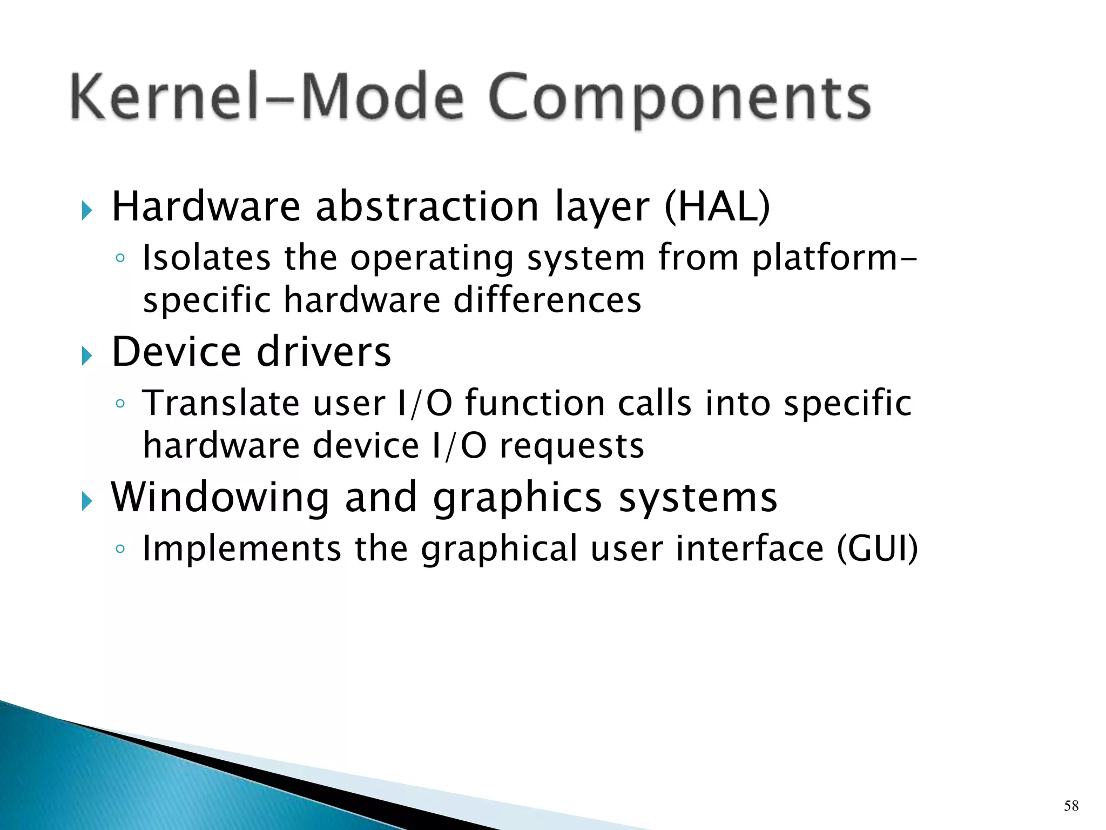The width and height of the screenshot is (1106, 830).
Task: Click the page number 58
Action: tap(1071, 806)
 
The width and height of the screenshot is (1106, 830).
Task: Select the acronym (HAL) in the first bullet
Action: tap(717, 207)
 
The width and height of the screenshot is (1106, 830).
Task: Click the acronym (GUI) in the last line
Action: tap(877, 548)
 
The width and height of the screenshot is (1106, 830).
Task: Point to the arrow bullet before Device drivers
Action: tap(87, 356)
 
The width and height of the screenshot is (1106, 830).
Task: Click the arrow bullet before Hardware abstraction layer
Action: tap(87, 210)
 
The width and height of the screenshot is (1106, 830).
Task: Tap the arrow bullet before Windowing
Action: tap(87, 501)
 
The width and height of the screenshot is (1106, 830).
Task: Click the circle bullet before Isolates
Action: tap(120, 258)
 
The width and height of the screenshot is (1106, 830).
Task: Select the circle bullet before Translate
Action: tap(120, 404)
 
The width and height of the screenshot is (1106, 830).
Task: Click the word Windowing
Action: tap(220, 498)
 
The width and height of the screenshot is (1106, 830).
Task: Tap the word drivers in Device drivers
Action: tap(323, 352)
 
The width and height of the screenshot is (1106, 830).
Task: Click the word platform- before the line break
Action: tap(834, 258)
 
